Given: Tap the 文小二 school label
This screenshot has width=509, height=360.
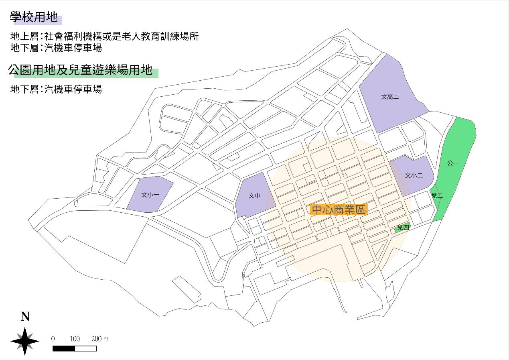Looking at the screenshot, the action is [414, 175].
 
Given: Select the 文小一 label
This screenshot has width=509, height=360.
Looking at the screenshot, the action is [150, 195].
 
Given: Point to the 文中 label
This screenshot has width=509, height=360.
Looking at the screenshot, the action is [254, 195].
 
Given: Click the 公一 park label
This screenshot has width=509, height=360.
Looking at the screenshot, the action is [453, 163].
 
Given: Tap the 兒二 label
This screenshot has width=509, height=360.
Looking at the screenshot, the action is [437, 196].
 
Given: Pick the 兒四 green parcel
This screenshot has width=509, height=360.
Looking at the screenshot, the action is [402, 228].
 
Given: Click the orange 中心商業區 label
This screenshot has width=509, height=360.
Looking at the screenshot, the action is [339, 209].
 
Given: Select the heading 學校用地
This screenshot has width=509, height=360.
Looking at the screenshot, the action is [34, 18].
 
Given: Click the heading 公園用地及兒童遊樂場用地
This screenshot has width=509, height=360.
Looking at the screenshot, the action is [81, 71].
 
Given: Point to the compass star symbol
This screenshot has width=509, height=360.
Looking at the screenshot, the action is [25, 341].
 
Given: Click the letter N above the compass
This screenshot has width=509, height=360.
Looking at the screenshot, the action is [25, 317].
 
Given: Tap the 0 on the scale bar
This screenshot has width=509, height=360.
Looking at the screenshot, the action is [53, 339].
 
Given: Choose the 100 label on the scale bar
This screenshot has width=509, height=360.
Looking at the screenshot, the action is [75, 339].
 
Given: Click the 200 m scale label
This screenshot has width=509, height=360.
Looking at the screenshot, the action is [100, 339].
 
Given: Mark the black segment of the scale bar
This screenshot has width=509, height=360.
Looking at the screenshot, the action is [64, 348].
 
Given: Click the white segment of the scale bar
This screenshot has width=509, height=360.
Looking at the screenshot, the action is [85, 348].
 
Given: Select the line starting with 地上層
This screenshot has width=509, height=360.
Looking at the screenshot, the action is [105, 37].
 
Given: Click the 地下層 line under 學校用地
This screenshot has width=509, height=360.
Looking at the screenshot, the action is [56, 48].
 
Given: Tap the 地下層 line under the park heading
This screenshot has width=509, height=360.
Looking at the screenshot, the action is [56, 89].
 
